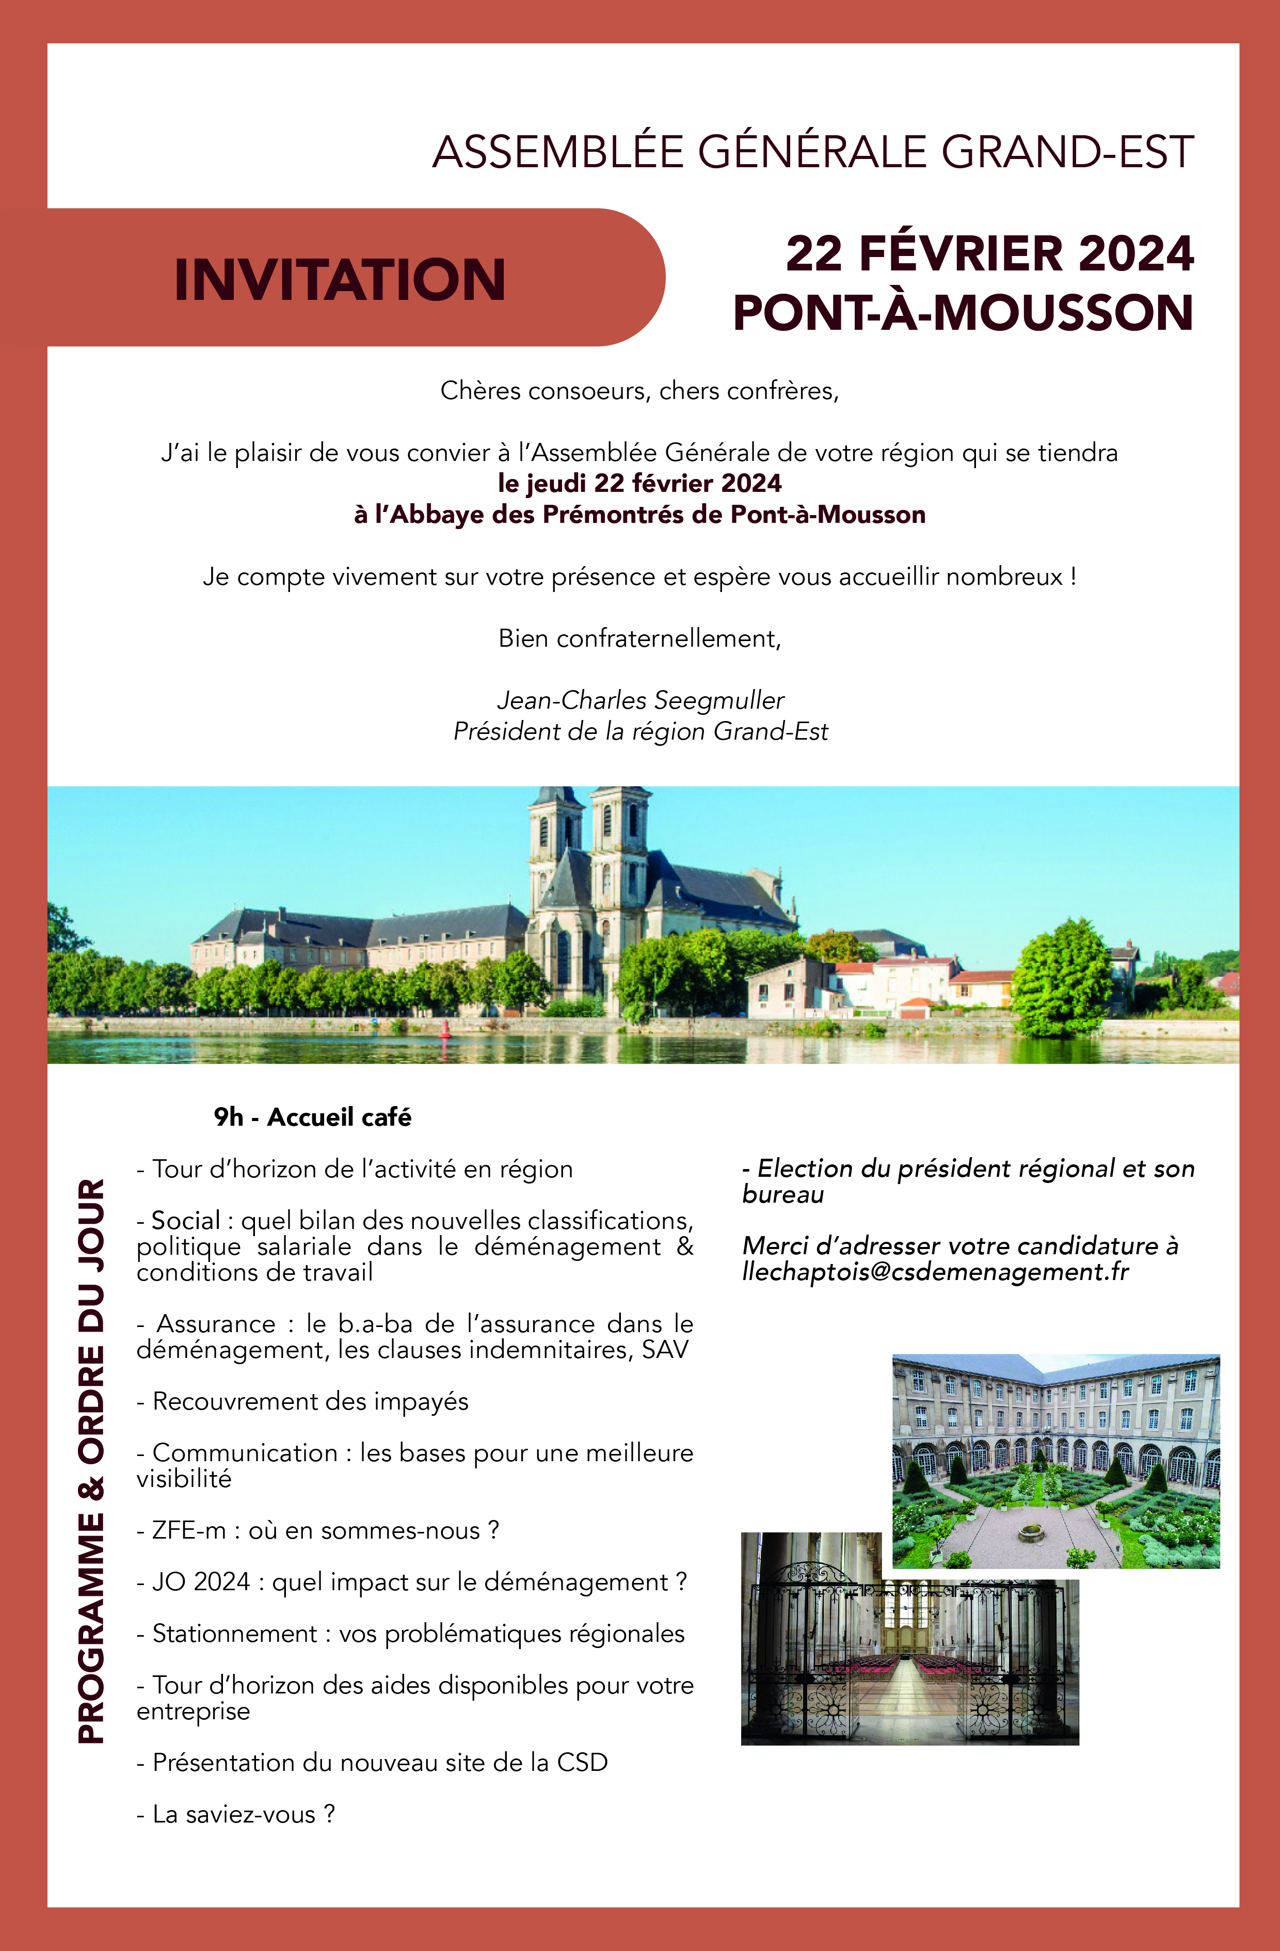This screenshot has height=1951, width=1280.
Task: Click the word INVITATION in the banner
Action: click(340, 280)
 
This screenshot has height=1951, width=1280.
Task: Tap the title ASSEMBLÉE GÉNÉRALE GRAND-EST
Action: click(812, 152)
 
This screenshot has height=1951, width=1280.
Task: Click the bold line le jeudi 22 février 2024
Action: click(639, 483)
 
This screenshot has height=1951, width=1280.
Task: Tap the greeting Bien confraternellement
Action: click(639, 638)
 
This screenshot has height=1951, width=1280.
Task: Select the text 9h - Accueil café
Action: click(312, 1116)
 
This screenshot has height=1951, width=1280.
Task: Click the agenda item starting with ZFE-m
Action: click(318, 1530)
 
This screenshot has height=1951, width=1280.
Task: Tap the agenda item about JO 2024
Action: click(412, 1581)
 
